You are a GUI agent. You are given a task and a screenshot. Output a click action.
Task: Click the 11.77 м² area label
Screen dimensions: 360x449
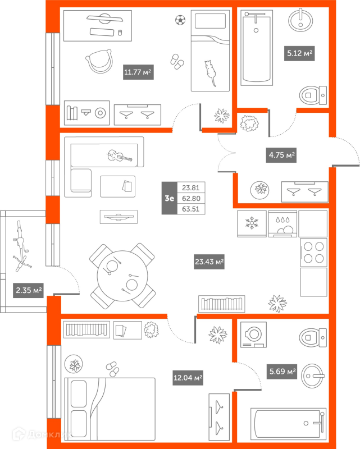coord(138,72)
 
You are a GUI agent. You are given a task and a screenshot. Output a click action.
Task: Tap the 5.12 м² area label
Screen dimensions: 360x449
coord(299,54)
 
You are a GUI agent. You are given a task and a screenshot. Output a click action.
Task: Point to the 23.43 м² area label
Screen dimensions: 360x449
coord(209,261)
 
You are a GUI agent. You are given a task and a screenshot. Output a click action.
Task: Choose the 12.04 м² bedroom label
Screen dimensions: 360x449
coord(188,378)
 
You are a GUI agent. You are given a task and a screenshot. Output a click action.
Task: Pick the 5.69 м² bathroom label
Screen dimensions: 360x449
coord(282,370)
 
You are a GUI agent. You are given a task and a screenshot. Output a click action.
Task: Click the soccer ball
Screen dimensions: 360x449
coord(180,20)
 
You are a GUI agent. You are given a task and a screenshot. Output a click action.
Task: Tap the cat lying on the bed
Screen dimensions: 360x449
coord(210,71)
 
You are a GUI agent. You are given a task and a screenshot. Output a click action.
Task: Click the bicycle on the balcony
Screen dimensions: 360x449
coord(21,246)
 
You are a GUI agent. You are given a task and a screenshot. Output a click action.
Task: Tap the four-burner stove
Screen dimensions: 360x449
coord(313,252)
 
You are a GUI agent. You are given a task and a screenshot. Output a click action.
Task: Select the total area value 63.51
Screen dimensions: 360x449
coord(190,209)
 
